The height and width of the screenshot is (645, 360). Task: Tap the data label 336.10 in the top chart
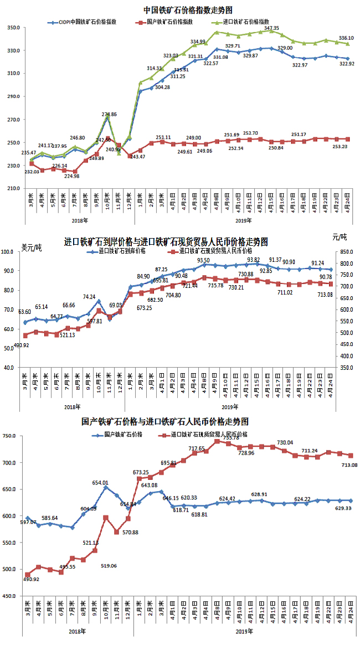tap(346, 38)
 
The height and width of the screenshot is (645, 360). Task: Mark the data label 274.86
tap(109, 115)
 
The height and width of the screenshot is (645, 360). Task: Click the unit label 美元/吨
tap(31, 247)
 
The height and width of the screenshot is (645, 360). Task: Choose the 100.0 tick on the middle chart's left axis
tap(11, 252)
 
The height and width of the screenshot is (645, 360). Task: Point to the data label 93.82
tap(254, 260)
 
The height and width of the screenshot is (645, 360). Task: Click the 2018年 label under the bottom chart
tap(78, 631)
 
